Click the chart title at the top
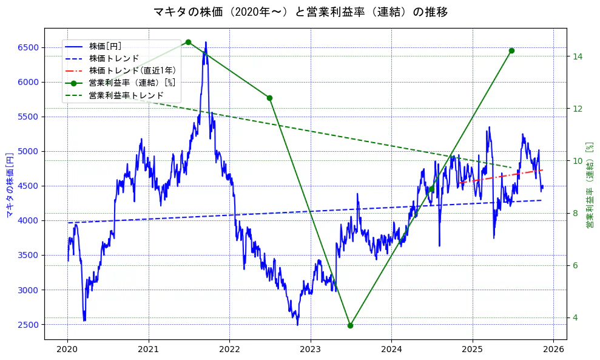[x=300, y=12]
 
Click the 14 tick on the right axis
[x=578, y=56]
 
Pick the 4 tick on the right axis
[x=576, y=318]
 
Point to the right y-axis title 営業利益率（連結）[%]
[x=589, y=185]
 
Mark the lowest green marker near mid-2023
[x=350, y=325]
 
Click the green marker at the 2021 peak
[x=188, y=42]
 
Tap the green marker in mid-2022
[x=269, y=98]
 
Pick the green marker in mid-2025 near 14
[x=511, y=51]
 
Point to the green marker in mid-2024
[x=431, y=189]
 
